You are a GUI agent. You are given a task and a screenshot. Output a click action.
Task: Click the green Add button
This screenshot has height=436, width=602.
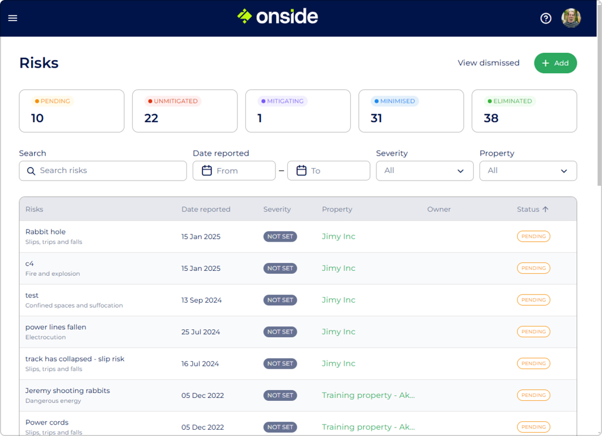555,63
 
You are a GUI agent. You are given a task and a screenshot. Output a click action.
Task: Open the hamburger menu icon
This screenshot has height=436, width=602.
12,18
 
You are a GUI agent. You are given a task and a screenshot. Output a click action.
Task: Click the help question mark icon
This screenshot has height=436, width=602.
545,18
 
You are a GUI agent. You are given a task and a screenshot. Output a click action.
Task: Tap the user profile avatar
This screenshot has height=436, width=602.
571,18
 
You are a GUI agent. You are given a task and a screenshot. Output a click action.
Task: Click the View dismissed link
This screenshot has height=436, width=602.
488,63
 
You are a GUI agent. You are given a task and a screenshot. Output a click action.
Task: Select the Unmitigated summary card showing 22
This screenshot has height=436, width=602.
185,111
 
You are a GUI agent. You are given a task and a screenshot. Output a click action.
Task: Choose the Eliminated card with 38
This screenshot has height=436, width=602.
524,111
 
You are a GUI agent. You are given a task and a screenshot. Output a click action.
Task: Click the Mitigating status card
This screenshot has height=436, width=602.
298,111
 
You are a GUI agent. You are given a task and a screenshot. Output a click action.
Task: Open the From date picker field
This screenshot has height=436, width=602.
234,171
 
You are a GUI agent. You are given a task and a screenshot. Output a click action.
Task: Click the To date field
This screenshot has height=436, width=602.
329,171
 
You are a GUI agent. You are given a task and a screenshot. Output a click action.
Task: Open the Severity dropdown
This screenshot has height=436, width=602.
425,171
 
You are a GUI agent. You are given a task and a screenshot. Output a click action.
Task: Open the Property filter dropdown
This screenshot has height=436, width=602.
528,171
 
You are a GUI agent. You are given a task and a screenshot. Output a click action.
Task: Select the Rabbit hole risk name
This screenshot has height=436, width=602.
45,232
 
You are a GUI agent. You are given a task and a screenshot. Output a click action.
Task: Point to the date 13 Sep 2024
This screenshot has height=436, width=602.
201,300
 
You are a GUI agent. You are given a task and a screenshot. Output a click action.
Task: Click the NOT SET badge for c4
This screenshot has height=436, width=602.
280,269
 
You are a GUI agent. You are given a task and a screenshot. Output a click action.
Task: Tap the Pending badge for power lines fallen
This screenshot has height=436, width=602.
533,332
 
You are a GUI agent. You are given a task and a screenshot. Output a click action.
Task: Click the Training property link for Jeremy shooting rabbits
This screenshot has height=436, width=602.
368,396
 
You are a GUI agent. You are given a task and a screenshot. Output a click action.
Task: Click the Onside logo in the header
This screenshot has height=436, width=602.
278,16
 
